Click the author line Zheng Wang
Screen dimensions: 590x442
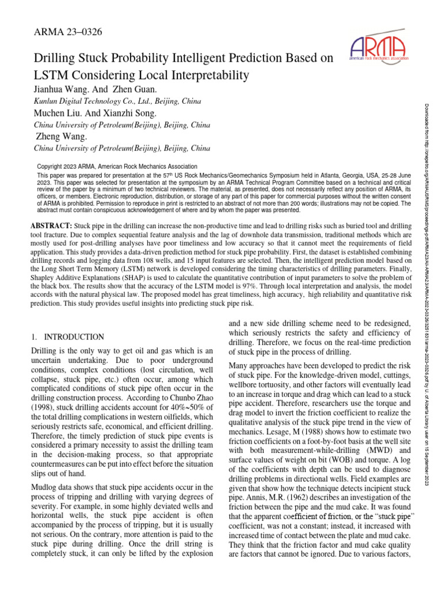(61, 137)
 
